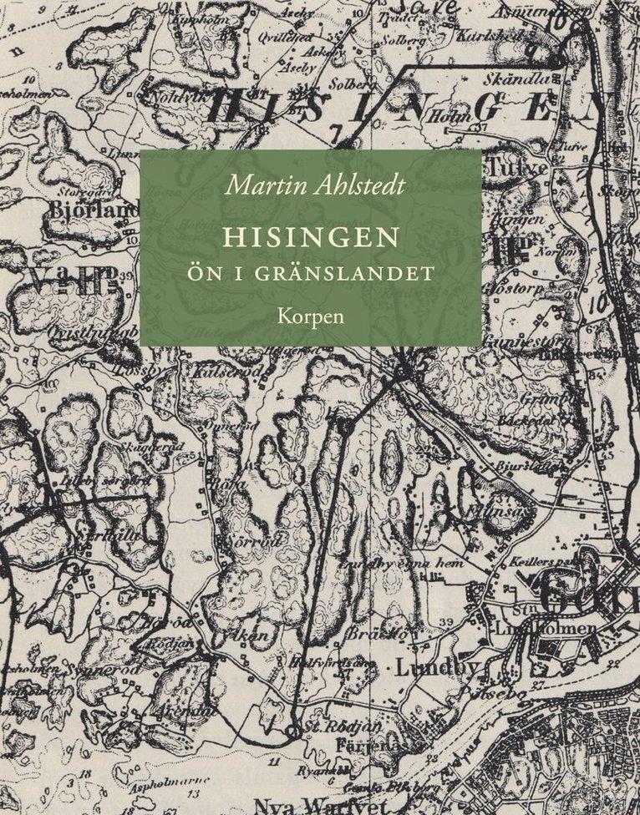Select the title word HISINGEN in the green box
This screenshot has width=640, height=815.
pos(310,238)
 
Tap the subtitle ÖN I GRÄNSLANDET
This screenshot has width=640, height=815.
pos(310,272)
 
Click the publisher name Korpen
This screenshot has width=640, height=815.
pos(310,316)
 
